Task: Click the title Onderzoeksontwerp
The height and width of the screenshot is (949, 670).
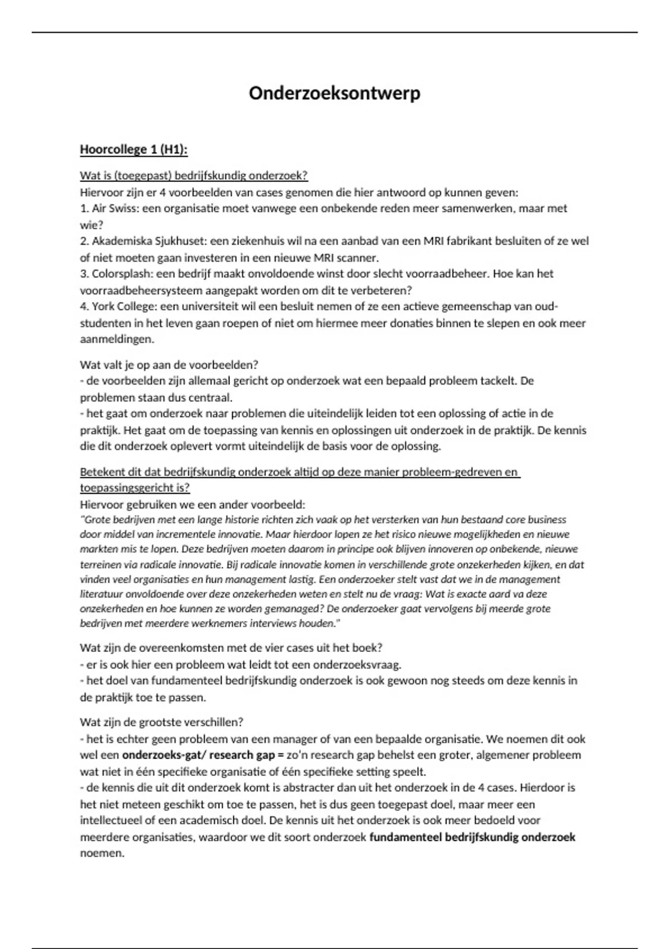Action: [x=334, y=93]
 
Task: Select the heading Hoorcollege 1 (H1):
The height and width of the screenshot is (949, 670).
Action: [x=134, y=150]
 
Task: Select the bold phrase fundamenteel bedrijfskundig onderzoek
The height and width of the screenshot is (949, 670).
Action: [x=472, y=837]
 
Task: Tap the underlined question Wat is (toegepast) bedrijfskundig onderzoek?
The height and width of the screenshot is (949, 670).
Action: [x=194, y=176]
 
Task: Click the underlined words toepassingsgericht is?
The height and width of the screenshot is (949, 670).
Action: [x=135, y=488]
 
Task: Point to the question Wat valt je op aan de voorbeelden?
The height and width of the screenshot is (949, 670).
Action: [x=169, y=365]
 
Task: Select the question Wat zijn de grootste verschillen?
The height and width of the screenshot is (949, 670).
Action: [x=161, y=722]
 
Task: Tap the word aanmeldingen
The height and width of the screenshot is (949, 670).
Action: [x=116, y=339]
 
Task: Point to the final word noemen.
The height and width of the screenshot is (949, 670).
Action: [x=102, y=854]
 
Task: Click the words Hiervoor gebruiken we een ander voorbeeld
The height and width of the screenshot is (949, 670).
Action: [x=193, y=505]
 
